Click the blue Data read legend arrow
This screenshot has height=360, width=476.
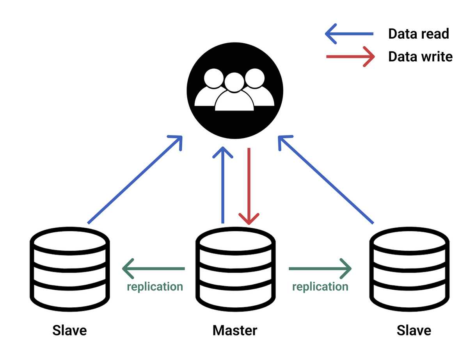point(349,34)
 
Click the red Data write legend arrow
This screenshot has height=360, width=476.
point(350,57)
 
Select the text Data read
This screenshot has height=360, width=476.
point(418,34)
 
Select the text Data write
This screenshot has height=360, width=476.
point(420,57)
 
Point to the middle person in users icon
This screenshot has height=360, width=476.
point(234,94)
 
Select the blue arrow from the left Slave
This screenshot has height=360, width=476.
point(135,180)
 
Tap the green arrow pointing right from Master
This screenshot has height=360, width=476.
point(320,269)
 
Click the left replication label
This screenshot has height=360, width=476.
point(155,287)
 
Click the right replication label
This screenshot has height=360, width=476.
point(320,287)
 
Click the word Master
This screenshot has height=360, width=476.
point(235,330)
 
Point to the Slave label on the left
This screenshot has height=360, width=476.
point(69,330)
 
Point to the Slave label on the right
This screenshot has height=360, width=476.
point(414,330)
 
